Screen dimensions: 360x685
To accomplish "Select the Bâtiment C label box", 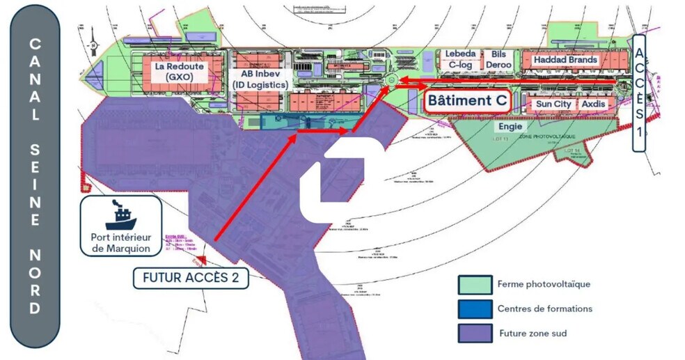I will click(x=467, y=100).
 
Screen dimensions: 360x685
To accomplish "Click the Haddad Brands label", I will click(x=565, y=60).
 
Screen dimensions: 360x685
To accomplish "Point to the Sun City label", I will click(x=553, y=104).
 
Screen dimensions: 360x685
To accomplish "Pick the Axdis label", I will click(x=594, y=104).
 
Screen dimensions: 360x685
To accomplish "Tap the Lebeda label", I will click(x=460, y=54).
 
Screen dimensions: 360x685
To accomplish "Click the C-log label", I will click(x=460, y=65).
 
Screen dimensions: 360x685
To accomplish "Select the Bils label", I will click(x=498, y=54).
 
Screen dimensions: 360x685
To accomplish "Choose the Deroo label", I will click(x=498, y=65).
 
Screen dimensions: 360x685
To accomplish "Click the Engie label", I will click(x=510, y=127).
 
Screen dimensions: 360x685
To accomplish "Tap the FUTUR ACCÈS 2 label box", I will click(x=190, y=278).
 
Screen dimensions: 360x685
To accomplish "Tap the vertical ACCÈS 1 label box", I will click(x=640, y=93).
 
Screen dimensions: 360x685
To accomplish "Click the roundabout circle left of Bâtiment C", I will click(x=391, y=81).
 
